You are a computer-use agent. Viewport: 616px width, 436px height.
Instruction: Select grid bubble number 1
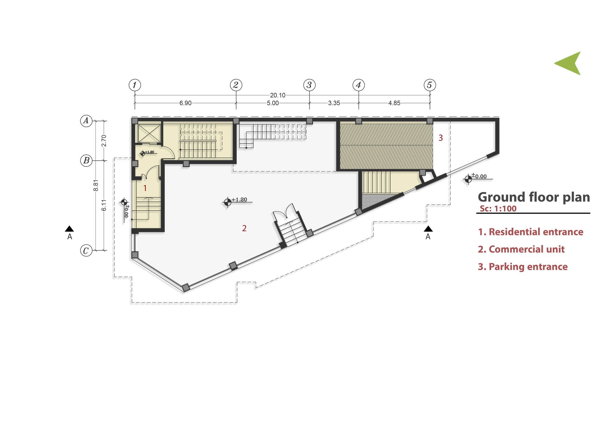tap(135, 85)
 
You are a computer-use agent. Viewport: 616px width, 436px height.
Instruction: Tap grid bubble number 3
tap(309, 85)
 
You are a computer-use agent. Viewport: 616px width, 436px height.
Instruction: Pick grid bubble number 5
tap(430, 85)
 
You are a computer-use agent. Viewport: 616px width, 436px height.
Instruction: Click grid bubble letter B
tap(86, 161)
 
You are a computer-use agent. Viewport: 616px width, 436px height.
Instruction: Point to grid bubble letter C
tap(86, 251)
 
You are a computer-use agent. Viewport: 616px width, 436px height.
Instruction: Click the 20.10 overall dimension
tap(278, 95)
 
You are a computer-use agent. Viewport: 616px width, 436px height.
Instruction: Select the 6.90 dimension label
tap(185, 103)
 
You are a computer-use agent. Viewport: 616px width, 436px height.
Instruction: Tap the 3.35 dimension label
tap(334, 103)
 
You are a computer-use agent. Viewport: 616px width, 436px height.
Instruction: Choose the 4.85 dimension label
tap(394, 103)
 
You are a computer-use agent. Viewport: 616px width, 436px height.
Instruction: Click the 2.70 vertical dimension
tap(104, 141)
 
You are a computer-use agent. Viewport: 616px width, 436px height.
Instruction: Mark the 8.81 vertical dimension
tap(96, 185)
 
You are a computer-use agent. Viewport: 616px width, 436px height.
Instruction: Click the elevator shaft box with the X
tap(149, 133)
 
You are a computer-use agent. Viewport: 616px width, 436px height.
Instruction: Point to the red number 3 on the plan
tap(440, 138)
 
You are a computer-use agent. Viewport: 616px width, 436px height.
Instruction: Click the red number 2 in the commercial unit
tap(244, 228)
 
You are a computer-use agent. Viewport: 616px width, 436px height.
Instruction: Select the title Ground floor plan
tap(534, 197)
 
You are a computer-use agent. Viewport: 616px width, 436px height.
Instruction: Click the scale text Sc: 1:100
tap(498, 209)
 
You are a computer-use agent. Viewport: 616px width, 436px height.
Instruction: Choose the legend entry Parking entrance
tap(523, 267)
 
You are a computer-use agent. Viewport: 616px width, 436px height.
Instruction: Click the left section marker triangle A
tap(69, 229)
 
